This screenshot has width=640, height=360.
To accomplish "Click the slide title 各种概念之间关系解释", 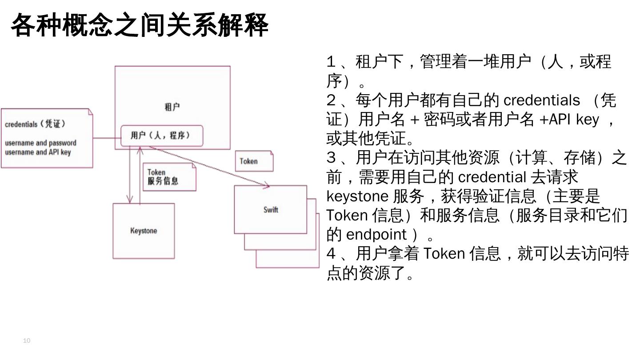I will (x=139, y=25).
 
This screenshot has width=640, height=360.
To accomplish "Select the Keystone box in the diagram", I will (x=144, y=231).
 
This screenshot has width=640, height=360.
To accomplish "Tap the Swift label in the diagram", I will (x=271, y=209).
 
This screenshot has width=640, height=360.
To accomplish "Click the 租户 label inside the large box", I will (x=172, y=107).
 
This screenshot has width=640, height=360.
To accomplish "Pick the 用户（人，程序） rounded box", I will (x=162, y=136).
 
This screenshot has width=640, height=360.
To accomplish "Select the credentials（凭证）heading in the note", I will (x=35, y=124).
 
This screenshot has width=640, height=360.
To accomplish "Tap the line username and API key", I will (x=38, y=152).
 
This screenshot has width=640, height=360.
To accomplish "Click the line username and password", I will (x=40, y=143).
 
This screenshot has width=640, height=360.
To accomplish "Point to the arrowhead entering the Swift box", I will (x=267, y=185).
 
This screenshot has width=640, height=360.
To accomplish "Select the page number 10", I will (x=27, y=341).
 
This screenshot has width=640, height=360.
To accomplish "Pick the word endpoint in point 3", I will (x=376, y=234).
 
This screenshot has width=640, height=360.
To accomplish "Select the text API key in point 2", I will (x=574, y=120).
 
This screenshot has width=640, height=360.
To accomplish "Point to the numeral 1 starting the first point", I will (x=330, y=62).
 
